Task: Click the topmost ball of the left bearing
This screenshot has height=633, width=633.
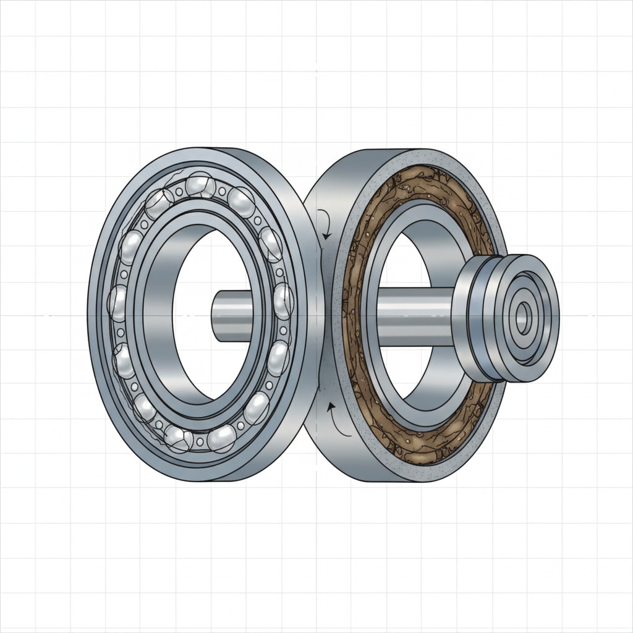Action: coord(199,185)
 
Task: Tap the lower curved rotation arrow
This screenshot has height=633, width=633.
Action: coord(334,418)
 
